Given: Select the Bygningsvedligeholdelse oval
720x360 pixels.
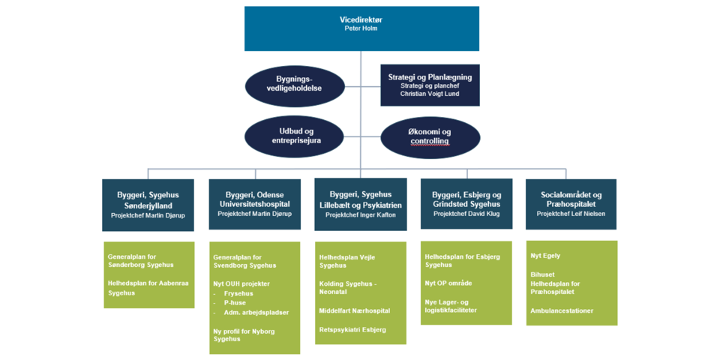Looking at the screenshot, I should coord(295,86).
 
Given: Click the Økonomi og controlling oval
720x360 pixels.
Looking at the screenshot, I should coord(430,137).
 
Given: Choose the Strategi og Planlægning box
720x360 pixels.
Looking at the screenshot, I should coord(430,85).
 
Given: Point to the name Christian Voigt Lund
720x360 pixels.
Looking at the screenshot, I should coord(430,94).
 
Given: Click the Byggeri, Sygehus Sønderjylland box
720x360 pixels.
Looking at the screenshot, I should coord(148,204).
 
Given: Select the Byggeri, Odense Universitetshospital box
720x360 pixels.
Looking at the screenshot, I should coord(254,204).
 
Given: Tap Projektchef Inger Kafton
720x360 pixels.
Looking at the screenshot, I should coord(360,214).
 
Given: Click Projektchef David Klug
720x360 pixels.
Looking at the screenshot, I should coord(466,214).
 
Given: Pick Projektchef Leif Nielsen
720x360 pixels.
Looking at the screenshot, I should coord(571,214).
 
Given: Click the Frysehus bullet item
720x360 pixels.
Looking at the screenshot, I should coord(238,294).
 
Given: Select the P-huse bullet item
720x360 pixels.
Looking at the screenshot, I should coord(235,303).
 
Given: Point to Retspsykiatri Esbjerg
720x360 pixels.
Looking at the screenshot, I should coord(352,329).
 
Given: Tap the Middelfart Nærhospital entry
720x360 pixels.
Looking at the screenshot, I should coord(355,310).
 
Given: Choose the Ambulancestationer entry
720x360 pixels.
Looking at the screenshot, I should coord(562,310).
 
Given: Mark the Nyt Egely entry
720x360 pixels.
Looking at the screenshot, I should coord(545,256).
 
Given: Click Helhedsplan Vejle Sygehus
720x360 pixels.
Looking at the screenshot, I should coord(347,261).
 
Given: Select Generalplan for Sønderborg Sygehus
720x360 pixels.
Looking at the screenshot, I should coord(141,260).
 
